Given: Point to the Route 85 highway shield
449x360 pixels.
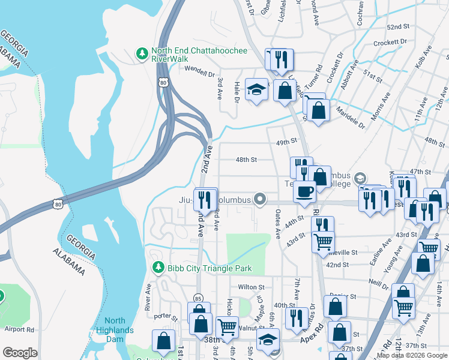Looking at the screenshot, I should pyautogui.click(x=198, y=298).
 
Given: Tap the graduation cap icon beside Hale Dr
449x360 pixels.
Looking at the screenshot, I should pyautogui.click(x=256, y=90).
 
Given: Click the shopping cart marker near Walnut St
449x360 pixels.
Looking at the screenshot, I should pyautogui.click(x=227, y=327).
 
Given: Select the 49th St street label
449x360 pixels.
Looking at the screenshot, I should pyautogui.click(x=287, y=142).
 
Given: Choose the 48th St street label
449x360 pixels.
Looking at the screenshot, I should pyautogui.click(x=246, y=160).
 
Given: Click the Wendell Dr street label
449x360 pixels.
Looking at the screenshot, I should pyautogui.click(x=199, y=74).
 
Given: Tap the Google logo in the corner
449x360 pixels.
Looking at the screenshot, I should pyautogui.click(x=20, y=353).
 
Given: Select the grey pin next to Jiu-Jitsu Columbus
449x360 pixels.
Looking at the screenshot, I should pyautogui.click(x=259, y=198).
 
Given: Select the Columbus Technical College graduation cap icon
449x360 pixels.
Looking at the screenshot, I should pyautogui.click(x=360, y=178).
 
